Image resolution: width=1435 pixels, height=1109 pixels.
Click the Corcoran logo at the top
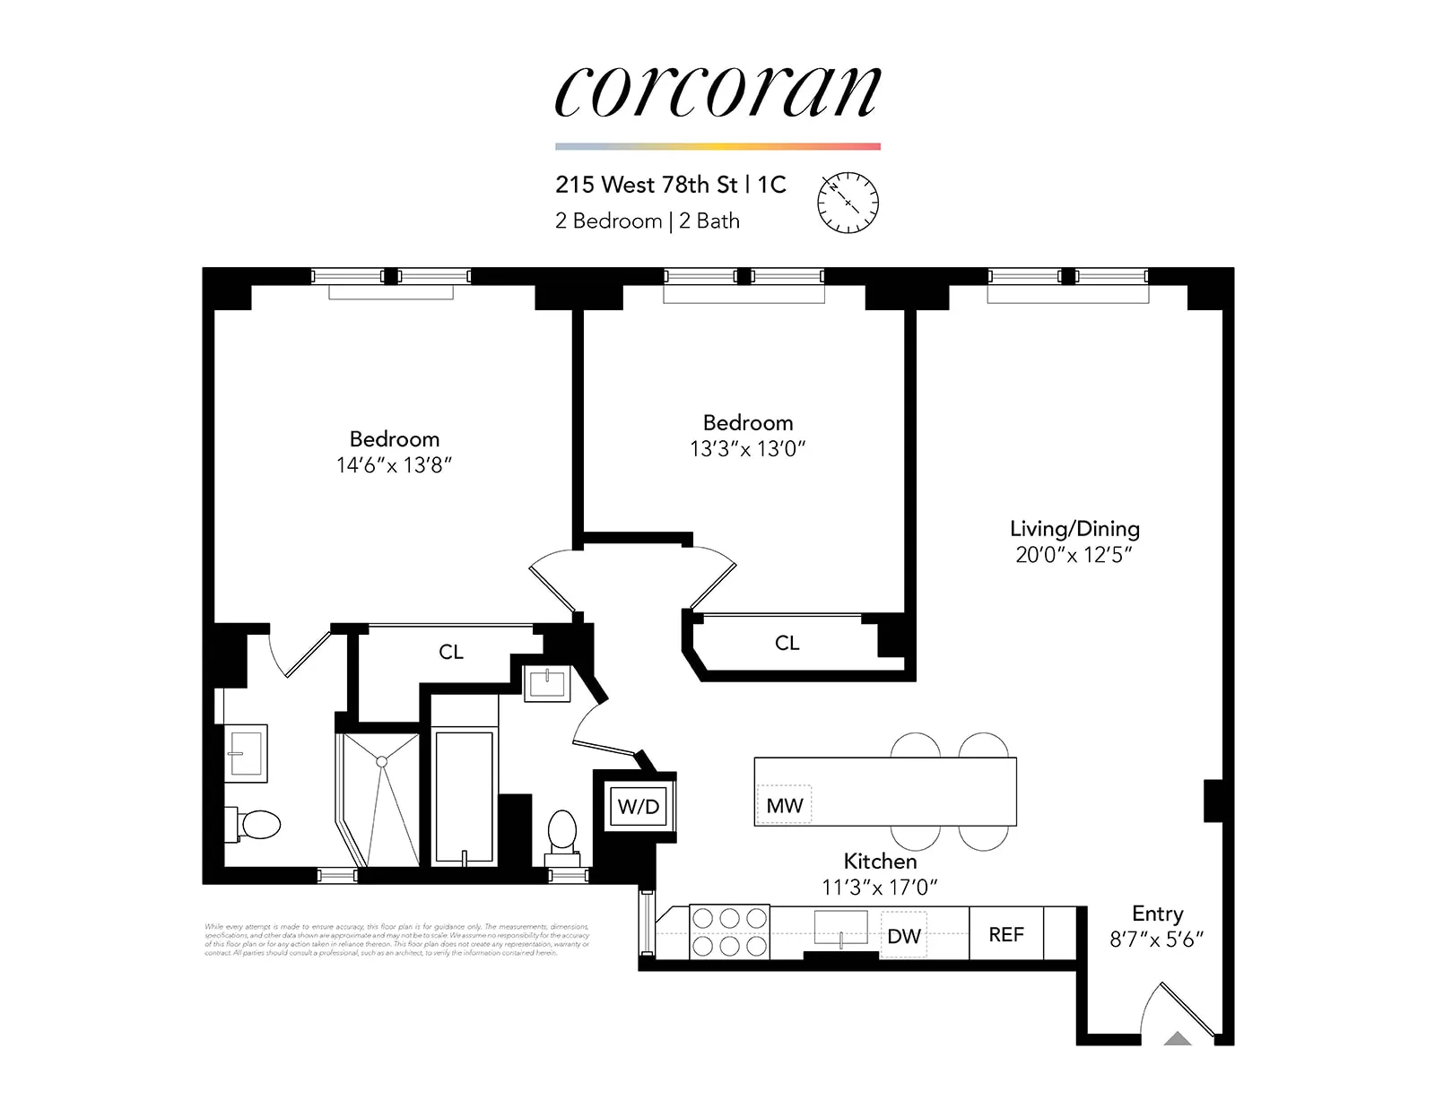tap(717, 91)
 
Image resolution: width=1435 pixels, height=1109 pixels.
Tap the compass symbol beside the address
tap(848, 203)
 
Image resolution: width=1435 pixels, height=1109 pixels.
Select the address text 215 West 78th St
tap(646, 185)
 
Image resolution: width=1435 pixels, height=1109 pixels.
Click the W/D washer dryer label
tap(639, 807)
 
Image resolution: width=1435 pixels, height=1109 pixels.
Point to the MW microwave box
tap(785, 806)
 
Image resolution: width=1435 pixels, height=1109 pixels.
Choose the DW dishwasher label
tap(904, 936)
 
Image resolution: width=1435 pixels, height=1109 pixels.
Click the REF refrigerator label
tap(1006, 935)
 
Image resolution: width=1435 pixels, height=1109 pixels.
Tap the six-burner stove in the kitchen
tap(729, 932)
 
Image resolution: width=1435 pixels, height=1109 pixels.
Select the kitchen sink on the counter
tap(841, 927)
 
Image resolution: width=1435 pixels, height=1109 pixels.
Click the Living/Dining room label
tap(1074, 529)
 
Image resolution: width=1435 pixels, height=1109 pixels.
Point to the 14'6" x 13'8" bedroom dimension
tap(394, 465)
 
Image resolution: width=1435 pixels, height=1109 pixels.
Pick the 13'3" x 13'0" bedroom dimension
tap(747, 449)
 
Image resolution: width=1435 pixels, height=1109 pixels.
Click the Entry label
tap(1157, 914)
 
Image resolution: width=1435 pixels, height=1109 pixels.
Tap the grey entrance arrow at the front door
tap(1178, 1039)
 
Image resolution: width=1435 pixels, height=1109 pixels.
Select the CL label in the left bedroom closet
tap(451, 653)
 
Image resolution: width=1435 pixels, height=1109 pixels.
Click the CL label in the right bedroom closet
tap(787, 643)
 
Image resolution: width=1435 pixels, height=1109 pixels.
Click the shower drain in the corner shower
tap(382, 761)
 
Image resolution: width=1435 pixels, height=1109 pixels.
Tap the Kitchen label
tap(880, 862)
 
